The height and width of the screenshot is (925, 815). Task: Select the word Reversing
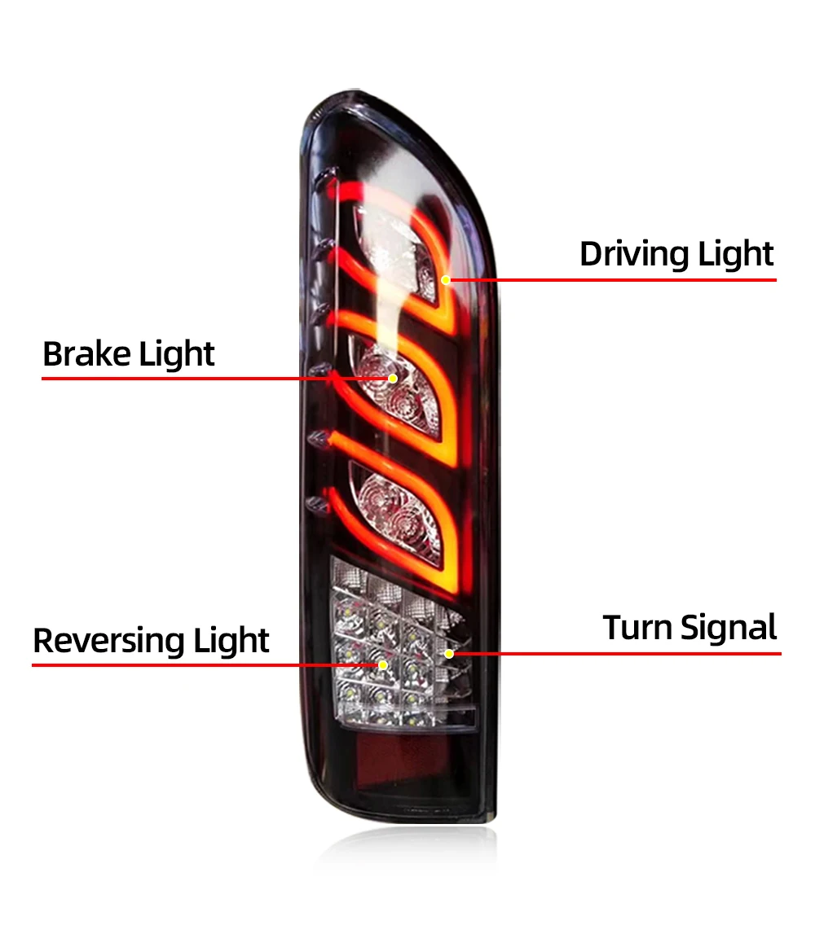tap(109, 641)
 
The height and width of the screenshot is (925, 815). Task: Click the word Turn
tap(638, 628)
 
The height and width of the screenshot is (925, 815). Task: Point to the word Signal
tap(729, 629)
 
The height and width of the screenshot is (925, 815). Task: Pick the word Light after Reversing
tap(231, 641)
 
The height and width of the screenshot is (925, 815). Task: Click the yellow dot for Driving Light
tap(446, 279)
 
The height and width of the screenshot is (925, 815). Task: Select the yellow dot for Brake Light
tap(393, 378)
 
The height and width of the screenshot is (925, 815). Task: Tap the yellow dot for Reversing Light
tap(382, 664)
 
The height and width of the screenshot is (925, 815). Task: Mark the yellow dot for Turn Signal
tap(449, 654)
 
